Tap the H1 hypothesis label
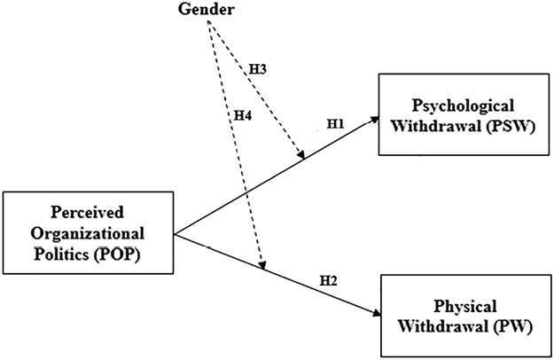click(x=336, y=125)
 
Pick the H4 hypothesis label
click(x=242, y=115)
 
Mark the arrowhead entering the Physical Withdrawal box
click(x=373, y=313)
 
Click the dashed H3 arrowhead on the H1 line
click(x=302, y=158)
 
